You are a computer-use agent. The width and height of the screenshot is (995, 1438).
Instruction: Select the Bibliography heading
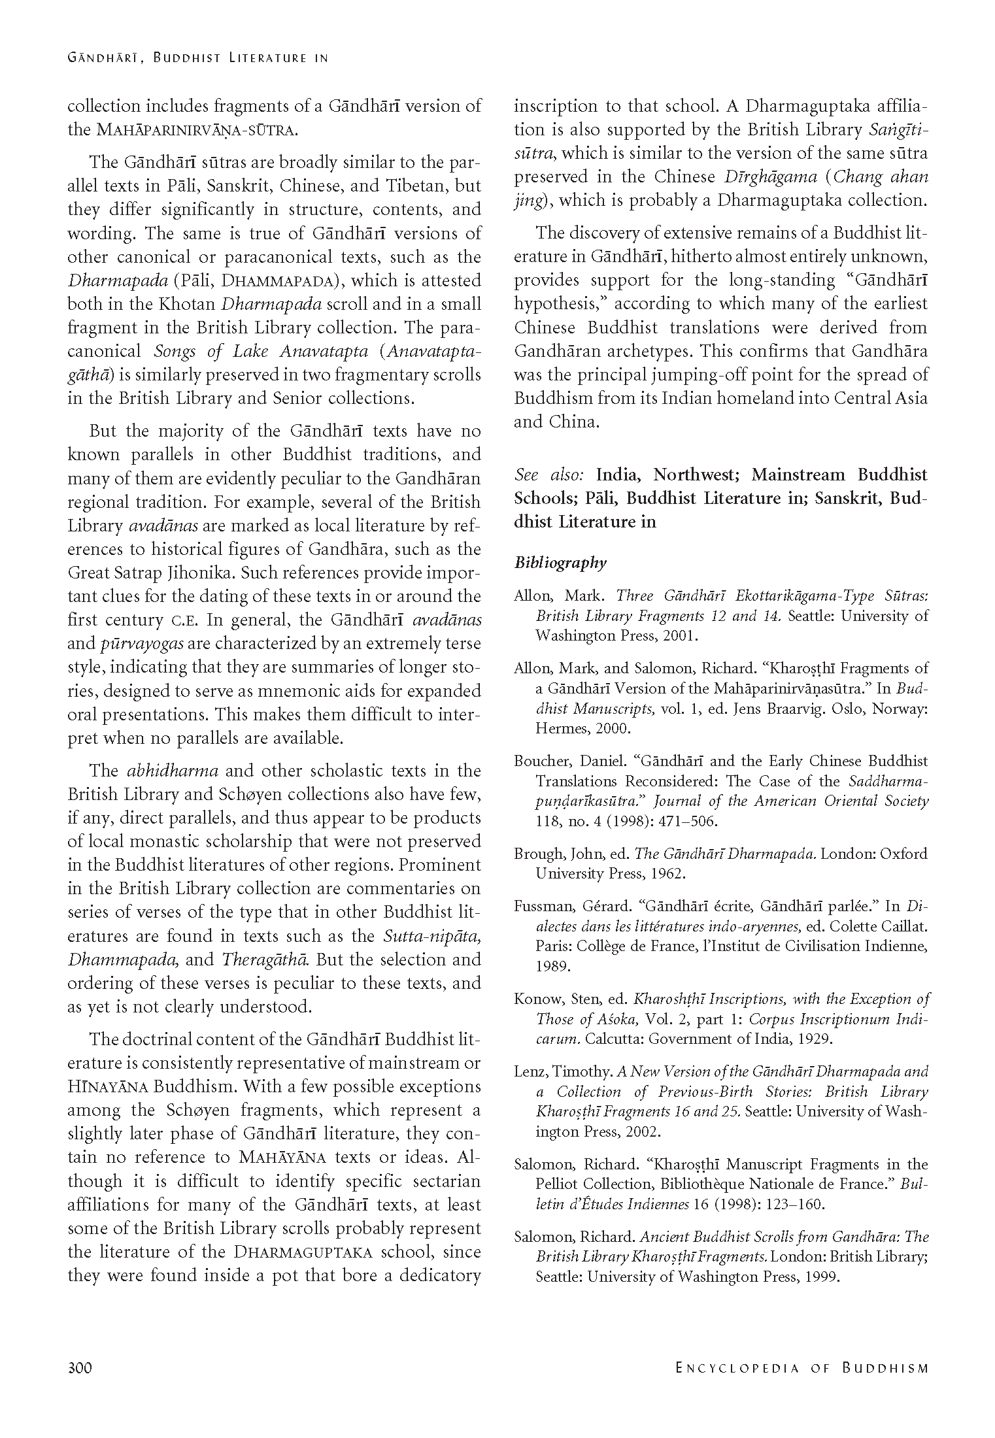(560, 563)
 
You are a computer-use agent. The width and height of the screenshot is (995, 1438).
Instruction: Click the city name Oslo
(820, 709)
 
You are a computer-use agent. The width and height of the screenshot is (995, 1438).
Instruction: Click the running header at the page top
(197, 58)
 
